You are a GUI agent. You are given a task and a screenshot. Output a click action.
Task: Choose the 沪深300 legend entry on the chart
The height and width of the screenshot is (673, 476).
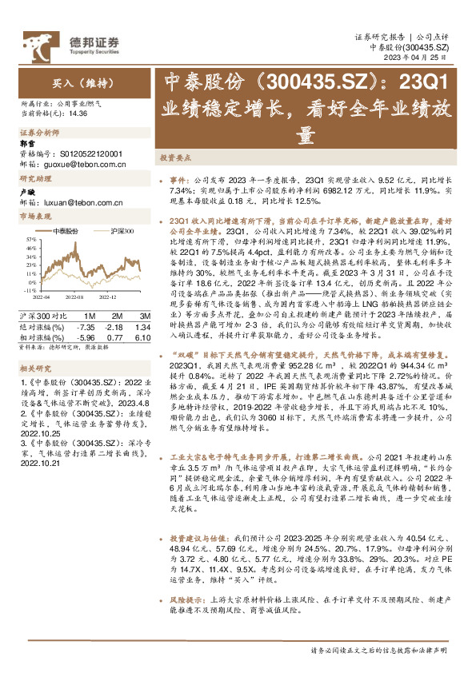pos(120,230)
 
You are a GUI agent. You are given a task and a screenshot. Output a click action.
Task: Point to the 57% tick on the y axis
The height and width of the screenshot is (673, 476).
pos(30,238)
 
